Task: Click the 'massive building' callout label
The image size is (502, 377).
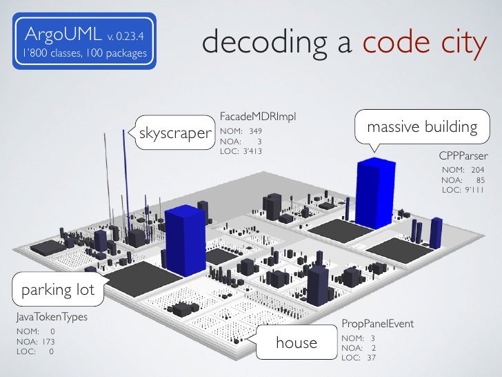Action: (x=422, y=127)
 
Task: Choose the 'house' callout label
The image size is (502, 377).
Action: (x=297, y=342)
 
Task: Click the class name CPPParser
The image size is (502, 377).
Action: (x=463, y=156)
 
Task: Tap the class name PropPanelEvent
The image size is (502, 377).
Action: (x=377, y=323)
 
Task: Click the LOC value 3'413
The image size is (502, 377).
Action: (x=251, y=151)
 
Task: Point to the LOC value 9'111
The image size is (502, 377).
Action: (x=473, y=190)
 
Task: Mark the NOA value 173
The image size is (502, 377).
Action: (x=45, y=341)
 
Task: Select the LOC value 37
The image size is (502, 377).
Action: (x=371, y=358)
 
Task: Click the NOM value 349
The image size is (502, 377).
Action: (x=255, y=130)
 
